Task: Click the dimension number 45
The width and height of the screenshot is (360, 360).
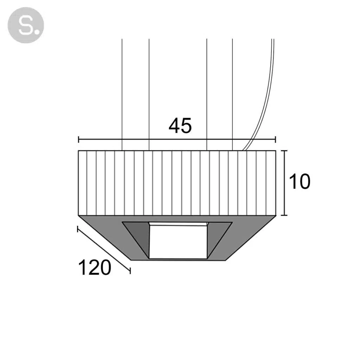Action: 180,126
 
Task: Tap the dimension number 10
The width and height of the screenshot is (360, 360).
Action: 300,182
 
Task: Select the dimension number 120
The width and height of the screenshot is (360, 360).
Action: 95,268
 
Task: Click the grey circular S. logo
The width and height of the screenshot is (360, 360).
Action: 26,25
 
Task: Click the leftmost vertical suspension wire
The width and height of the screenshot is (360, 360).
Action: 122,95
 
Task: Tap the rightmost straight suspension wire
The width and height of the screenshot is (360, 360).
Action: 232,95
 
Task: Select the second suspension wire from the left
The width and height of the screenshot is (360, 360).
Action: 149,95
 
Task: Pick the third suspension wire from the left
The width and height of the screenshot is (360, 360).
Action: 207,95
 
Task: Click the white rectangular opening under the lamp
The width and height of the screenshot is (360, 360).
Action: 179,242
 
